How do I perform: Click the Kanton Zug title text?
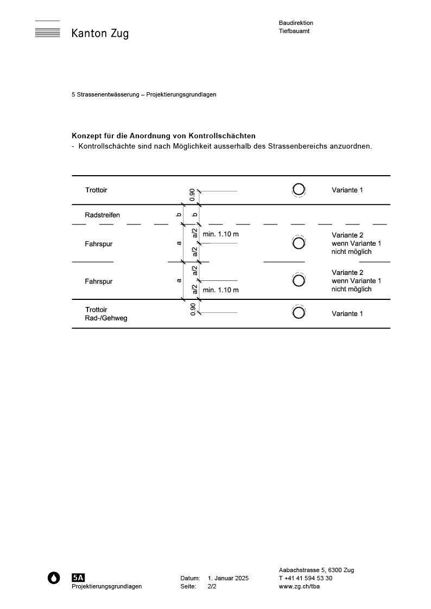(x=100, y=34)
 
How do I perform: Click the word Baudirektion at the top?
(x=296, y=23)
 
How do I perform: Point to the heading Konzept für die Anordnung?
(x=163, y=136)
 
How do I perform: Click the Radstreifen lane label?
(x=102, y=215)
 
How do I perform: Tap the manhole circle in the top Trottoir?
(x=298, y=189)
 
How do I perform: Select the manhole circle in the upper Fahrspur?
(x=298, y=243)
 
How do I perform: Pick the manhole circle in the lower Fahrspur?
(x=298, y=280)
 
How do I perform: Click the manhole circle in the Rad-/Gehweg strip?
(x=298, y=312)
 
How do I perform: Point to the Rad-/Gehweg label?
(x=106, y=318)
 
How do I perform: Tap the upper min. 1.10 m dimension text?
(x=220, y=234)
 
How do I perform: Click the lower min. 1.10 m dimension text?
(x=220, y=290)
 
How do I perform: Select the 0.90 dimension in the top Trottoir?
(x=192, y=195)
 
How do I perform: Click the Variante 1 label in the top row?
(x=347, y=190)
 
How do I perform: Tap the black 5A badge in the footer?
(x=78, y=578)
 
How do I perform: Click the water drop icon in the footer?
(x=54, y=578)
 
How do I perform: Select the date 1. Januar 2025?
(x=228, y=578)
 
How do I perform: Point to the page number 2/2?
(x=212, y=586)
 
